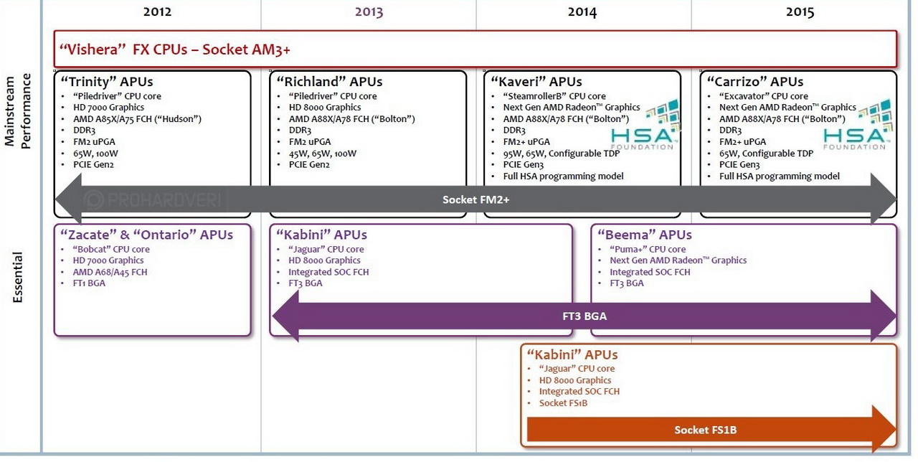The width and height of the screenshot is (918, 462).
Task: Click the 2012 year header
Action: [157, 11]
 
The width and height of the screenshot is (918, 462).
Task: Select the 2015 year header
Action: [800, 11]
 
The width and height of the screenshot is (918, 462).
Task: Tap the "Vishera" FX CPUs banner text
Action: [175, 49]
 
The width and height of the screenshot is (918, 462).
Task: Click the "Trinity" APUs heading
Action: [107, 82]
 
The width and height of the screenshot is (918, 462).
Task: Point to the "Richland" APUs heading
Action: [329, 82]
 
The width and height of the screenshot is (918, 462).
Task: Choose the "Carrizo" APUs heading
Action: [755, 82]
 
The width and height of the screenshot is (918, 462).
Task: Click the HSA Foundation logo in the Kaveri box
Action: [643, 125]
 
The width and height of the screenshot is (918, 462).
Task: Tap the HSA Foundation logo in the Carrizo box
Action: [856, 125]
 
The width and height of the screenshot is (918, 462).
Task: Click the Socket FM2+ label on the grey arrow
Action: [475, 199]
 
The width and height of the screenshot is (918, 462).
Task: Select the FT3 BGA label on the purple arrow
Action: [585, 316]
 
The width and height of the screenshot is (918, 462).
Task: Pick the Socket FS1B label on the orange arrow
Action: [705, 430]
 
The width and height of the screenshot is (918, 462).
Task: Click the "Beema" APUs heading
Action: [645, 235]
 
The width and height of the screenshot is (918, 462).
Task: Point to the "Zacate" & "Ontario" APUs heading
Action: [147, 235]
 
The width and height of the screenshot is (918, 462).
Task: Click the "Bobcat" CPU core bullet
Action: [111, 250]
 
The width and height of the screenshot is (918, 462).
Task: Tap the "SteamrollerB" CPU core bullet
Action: [554, 96]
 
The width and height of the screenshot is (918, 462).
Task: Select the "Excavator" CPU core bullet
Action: [763, 96]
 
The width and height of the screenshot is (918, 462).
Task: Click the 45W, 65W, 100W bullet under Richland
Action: [322, 154]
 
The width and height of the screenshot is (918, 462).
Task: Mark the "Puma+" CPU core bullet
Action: [648, 250]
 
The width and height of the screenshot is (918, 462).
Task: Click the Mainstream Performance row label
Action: [19, 110]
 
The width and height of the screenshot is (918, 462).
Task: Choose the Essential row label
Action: [19, 277]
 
